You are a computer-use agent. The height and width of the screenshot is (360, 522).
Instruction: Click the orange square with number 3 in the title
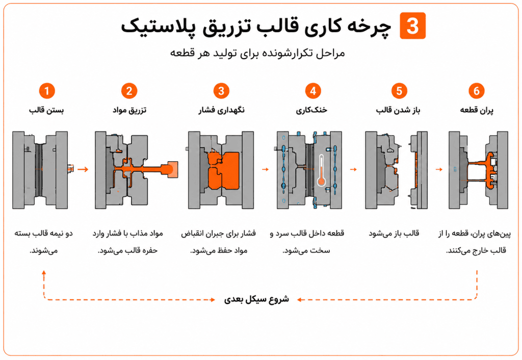click(x=412, y=25)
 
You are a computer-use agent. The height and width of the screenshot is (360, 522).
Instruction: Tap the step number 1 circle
click(x=46, y=91)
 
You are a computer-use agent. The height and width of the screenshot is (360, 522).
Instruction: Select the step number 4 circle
click(x=313, y=91)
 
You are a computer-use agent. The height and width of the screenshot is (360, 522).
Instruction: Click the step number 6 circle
click(x=477, y=91)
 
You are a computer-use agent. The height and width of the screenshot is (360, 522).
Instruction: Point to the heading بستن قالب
click(x=46, y=110)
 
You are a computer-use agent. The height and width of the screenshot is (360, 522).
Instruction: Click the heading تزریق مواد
click(x=129, y=110)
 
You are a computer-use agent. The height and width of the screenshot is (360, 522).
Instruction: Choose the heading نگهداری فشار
click(x=221, y=110)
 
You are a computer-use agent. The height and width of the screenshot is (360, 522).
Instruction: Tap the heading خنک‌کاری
click(x=311, y=110)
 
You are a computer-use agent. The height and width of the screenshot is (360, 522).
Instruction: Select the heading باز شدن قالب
click(x=398, y=110)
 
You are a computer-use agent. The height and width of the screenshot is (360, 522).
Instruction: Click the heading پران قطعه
click(x=477, y=110)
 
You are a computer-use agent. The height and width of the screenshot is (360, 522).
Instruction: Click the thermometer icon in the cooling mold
click(x=321, y=170)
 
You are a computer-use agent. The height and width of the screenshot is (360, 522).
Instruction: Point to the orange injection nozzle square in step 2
click(x=172, y=169)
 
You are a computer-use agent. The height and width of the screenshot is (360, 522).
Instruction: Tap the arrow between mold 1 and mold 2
click(x=83, y=169)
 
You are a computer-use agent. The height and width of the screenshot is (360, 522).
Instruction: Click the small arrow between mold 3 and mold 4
click(x=265, y=169)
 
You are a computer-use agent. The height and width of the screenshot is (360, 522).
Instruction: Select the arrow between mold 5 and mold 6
click(x=439, y=169)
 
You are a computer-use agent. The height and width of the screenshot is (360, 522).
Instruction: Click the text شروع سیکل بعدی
click(x=256, y=299)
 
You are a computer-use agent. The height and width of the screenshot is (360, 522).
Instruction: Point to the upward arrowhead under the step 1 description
click(x=44, y=273)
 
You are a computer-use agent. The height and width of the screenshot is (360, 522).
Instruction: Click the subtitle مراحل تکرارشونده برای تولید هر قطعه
click(x=257, y=53)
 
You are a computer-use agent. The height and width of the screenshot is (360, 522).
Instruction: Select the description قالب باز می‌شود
click(x=394, y=233)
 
